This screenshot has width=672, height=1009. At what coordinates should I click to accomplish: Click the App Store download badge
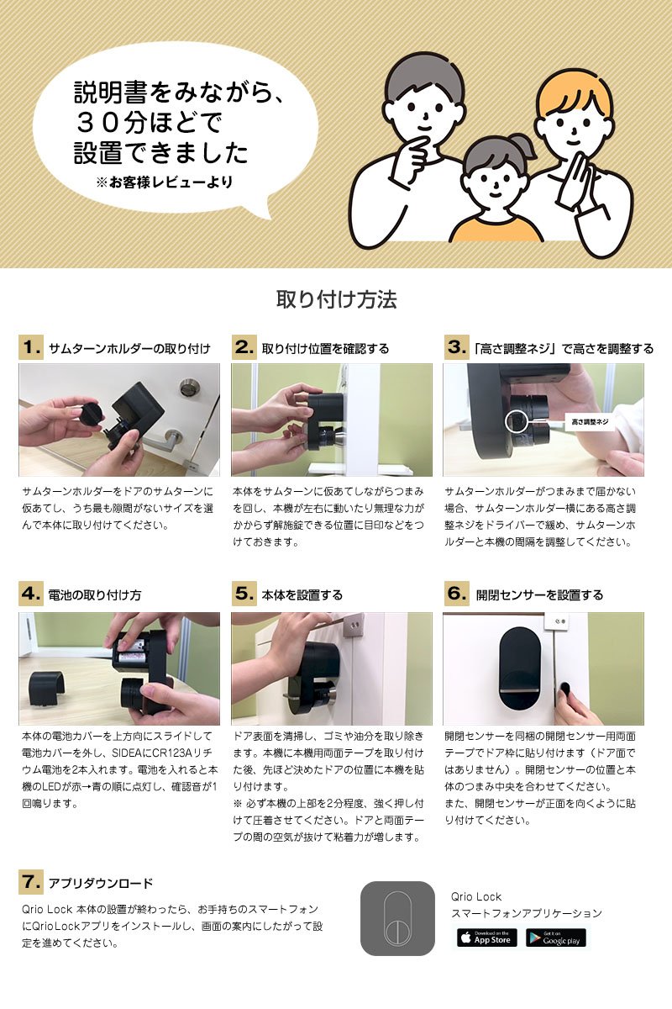coord(486,938)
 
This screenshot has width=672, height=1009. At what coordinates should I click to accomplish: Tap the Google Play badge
coord(556,938)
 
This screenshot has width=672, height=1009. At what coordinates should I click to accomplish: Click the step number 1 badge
coord(31,347)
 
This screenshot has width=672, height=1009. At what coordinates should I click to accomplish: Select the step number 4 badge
coord(31,594)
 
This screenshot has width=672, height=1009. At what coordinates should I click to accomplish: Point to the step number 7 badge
coord(31,882)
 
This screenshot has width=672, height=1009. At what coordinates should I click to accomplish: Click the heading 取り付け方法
coord(336,300)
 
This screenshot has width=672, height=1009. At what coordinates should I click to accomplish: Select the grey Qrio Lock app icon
coord(397,918)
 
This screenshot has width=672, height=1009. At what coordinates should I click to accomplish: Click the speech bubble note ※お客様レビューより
coord(165,182)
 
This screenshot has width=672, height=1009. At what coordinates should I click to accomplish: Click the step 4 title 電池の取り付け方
coord(95,594)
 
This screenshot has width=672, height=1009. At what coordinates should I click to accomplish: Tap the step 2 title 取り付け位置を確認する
coord(325,348)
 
